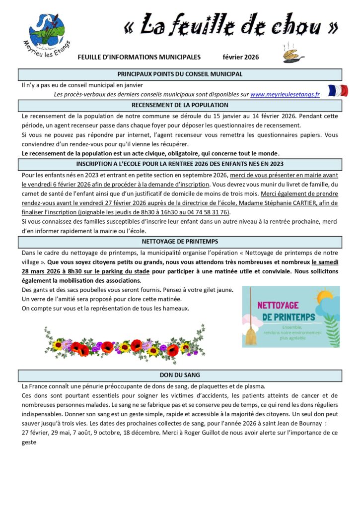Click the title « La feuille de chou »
[x=231, y=26]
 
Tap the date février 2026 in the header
[x=240, y=57]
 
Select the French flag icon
[x=338, y=91]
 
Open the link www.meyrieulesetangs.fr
[x=285, y=94]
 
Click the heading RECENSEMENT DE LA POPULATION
[x=180, y=105]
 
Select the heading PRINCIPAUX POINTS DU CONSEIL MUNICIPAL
[x=180, y=74]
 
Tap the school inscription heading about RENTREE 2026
[x=180, y=164]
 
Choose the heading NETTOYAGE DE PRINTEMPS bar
[x=180, y=242]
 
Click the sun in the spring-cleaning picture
[x=325, y=297]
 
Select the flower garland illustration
[x=124, y=343]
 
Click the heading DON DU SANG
[x=180, y=375]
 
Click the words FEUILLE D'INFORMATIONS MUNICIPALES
[x=139, y=57]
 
